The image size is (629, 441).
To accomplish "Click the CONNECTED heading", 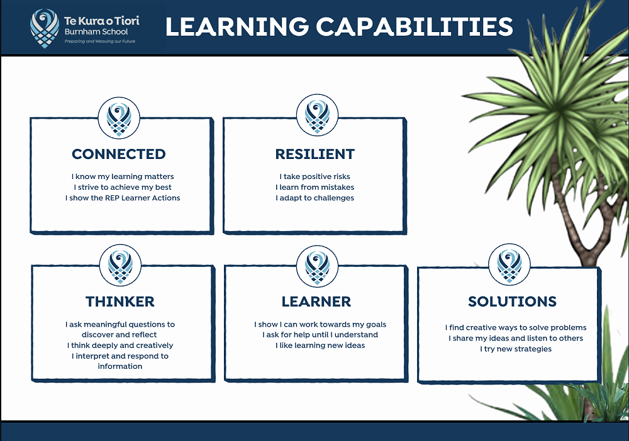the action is [x=119, y=154].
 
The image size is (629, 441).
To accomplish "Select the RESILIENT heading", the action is [x=315, y=154].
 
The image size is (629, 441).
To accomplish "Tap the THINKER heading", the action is [x=120, y=301].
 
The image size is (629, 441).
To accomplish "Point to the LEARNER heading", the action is [x=316, y=301].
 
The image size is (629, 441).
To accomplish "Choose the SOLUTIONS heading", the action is [x=512, y=301].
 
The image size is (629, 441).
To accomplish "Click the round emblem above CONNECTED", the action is [x=119, y=117].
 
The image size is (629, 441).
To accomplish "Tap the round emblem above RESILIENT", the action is [x=317, y=115].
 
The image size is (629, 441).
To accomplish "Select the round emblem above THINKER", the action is [x=120, y=265].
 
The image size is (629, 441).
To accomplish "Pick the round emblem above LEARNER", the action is [x=317, y=266].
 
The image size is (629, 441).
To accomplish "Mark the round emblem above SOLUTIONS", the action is [x=509, y=264].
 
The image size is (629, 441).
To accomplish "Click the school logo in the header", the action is [x=45, y=28].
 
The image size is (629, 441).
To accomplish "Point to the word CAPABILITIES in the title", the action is [x=415, y=26].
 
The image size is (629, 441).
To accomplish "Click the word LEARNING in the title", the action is [x=237, y=26].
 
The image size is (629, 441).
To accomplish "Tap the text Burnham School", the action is [x=96, y=31].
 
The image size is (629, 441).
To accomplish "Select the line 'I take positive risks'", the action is [x=315, y=177].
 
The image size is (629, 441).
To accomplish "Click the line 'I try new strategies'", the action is [x=516, y=349].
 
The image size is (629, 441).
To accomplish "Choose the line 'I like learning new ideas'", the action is [x=320, y=346].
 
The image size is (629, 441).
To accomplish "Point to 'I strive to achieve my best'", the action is [x=123, y=187].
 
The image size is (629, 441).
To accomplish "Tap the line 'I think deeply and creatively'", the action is [x=120, y=346].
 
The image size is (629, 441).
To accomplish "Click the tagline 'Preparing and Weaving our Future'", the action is [x=100, y=41].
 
